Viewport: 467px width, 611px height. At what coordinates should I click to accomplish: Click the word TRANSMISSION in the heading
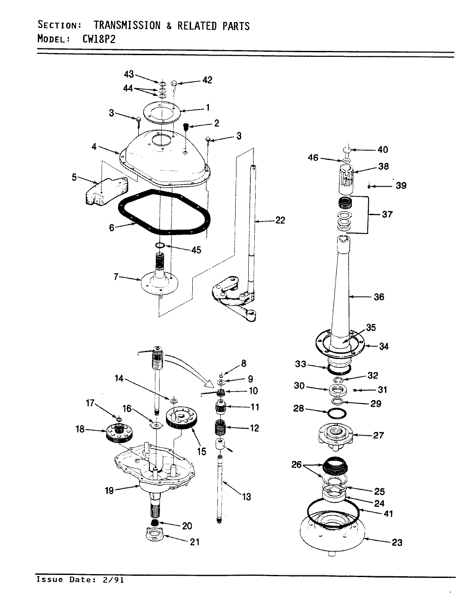tap(127, 25)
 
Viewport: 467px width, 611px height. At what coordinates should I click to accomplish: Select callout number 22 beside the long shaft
tap(280, 220)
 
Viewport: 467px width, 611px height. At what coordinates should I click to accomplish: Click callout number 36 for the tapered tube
tap(379, 297)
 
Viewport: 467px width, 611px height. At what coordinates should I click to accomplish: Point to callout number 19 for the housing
tap(109, 490)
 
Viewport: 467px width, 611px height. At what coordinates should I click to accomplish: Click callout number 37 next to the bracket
tap(387, 214)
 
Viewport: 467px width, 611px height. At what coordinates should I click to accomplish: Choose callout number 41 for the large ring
tap(388, 514)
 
